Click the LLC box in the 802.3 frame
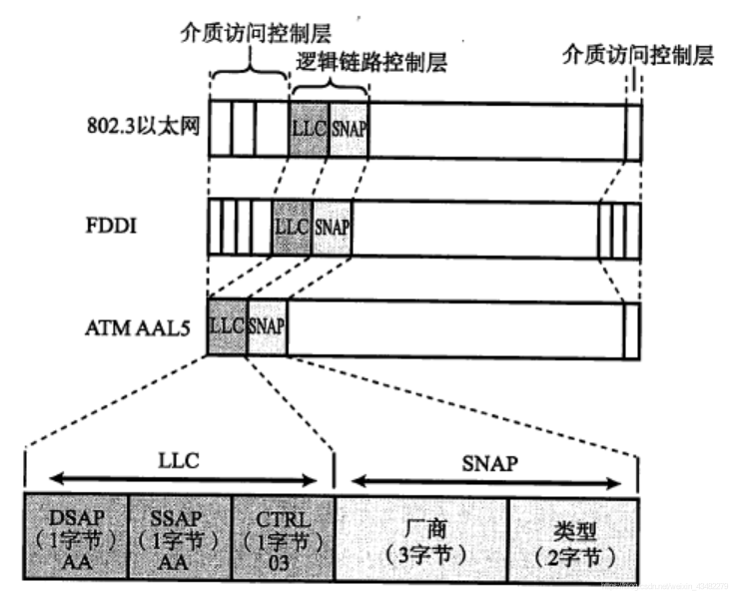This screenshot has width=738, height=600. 309,129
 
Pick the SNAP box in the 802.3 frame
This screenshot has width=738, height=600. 348,129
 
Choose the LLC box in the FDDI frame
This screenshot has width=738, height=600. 292,226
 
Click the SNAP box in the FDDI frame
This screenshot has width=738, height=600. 333,226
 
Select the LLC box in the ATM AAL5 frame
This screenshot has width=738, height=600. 227,326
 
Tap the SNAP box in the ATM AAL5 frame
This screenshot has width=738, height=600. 267,326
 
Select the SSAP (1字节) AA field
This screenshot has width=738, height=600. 181,534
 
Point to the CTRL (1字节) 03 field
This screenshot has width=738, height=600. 283,534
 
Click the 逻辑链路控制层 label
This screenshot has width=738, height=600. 372,62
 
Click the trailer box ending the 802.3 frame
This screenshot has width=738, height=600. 632,129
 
